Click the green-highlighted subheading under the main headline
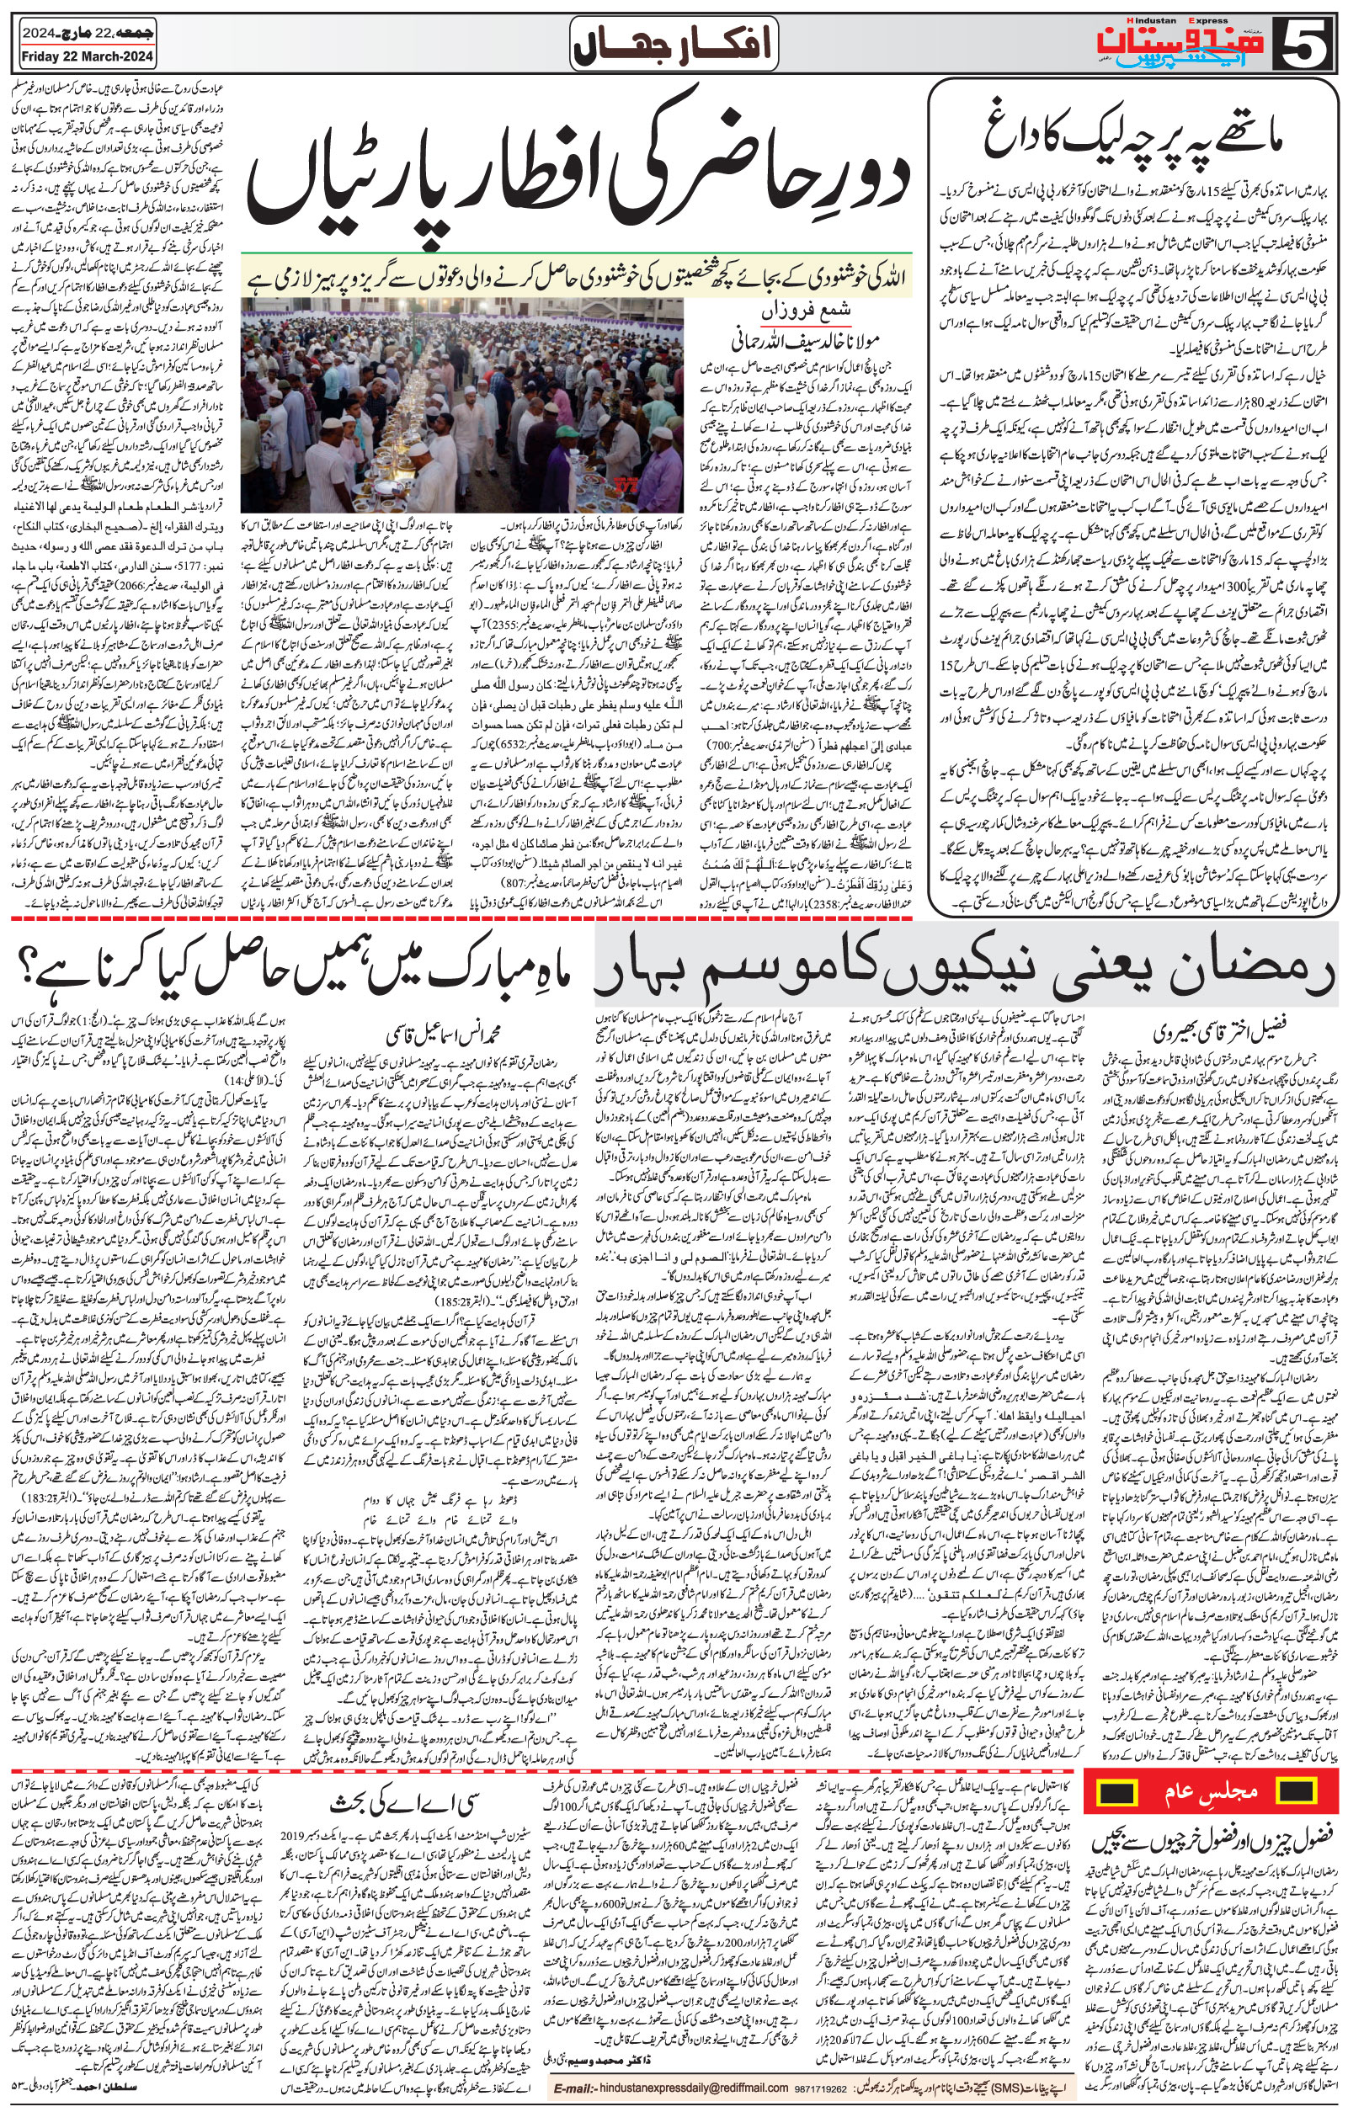pos(578,278)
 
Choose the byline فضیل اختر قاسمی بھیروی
pos(1215,1026)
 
